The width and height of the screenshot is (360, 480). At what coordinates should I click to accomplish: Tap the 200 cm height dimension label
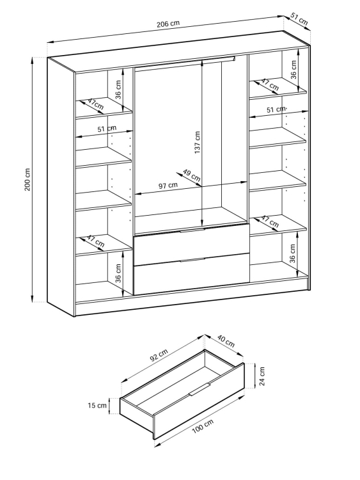27,179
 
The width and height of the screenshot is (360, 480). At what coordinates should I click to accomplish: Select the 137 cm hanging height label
198,143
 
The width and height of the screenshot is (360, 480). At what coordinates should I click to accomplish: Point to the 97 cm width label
168,186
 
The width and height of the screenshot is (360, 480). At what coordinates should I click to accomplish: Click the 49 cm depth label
191,175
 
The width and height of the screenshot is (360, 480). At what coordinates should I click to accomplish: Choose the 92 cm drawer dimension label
159,355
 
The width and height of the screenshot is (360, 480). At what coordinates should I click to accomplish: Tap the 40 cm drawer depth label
226,341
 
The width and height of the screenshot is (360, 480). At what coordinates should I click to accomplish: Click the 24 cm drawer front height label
262,376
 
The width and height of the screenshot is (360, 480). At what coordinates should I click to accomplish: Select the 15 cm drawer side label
97,406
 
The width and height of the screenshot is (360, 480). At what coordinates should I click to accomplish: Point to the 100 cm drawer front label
203,426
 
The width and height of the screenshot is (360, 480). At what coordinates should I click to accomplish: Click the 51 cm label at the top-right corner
299,19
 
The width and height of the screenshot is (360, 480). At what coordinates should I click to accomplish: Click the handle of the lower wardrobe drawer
192,260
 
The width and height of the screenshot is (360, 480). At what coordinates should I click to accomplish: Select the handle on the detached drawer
199,388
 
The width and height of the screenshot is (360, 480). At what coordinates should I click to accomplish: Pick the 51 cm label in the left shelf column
107,129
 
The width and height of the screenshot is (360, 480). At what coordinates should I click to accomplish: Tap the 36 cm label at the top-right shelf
293,70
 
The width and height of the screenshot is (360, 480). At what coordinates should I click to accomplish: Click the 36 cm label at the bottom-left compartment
118,273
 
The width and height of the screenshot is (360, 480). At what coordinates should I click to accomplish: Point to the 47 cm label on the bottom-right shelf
270,221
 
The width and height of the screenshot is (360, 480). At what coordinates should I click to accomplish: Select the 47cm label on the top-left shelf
95,104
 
